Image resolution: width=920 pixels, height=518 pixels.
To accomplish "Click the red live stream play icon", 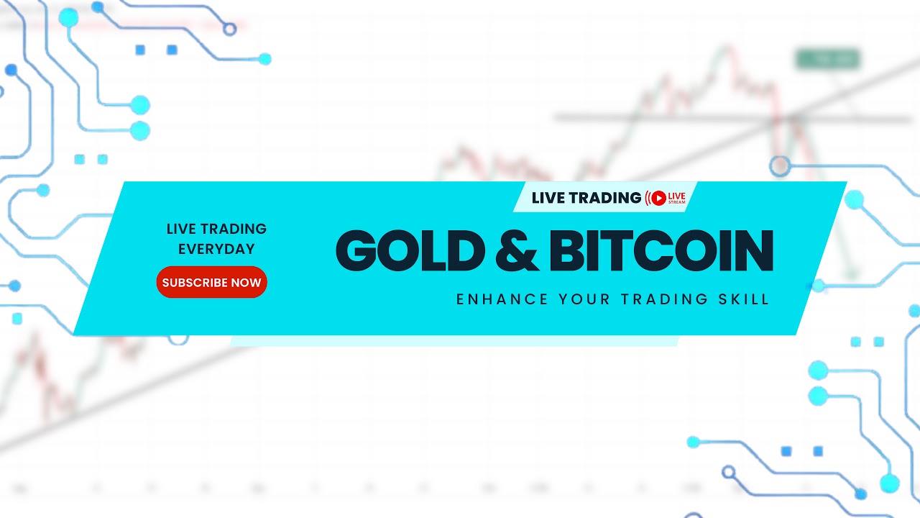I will (x=657, y=198).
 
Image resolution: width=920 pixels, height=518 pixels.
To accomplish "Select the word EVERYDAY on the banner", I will (x=216, y=250).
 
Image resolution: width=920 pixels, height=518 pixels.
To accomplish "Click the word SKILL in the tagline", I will (x=745, y=299).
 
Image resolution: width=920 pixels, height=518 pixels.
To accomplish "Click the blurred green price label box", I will (x=827, y=59).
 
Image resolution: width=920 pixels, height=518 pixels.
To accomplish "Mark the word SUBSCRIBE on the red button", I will (x=194, y=283).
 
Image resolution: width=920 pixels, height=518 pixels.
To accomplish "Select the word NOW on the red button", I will (x=246, y=283).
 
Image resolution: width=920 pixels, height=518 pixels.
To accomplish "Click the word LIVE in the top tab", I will (x=548, y=197).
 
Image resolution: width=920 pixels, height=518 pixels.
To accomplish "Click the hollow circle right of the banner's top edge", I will (x=779, y=167).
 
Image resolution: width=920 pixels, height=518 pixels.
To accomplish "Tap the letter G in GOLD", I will (x=358, y=251).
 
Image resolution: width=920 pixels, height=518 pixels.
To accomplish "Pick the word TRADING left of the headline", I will (x=233, y=229).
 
